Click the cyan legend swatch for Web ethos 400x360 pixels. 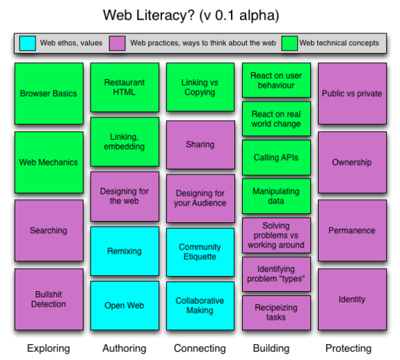click(x=28, y=43)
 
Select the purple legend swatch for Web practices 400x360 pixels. click(x=117, y=43)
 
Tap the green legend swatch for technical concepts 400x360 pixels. click(x=289, y=43)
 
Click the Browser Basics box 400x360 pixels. click(x=49, y=94)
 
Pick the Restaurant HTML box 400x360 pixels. click(x=125, y=87)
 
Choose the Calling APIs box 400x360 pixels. click(x=276, y=158)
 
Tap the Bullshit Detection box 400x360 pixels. click(x=49, y=299)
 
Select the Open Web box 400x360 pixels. click(x=125, y=306)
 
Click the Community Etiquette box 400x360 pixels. click(x=200, y=252)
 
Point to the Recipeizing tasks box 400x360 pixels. click(x=276, y=313)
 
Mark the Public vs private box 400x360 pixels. click(x=352, y=94)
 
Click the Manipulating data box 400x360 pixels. click(x=276, y=196)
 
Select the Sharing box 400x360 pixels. click(x=200, y=145)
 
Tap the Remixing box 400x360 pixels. click(x=125, y=251)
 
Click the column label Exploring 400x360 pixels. click(x=49, y=348)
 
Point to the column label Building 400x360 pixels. click(x=271, y=348)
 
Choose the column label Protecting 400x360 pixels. click(x=349, y=348)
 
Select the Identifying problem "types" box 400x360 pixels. click(x=276, y=274)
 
